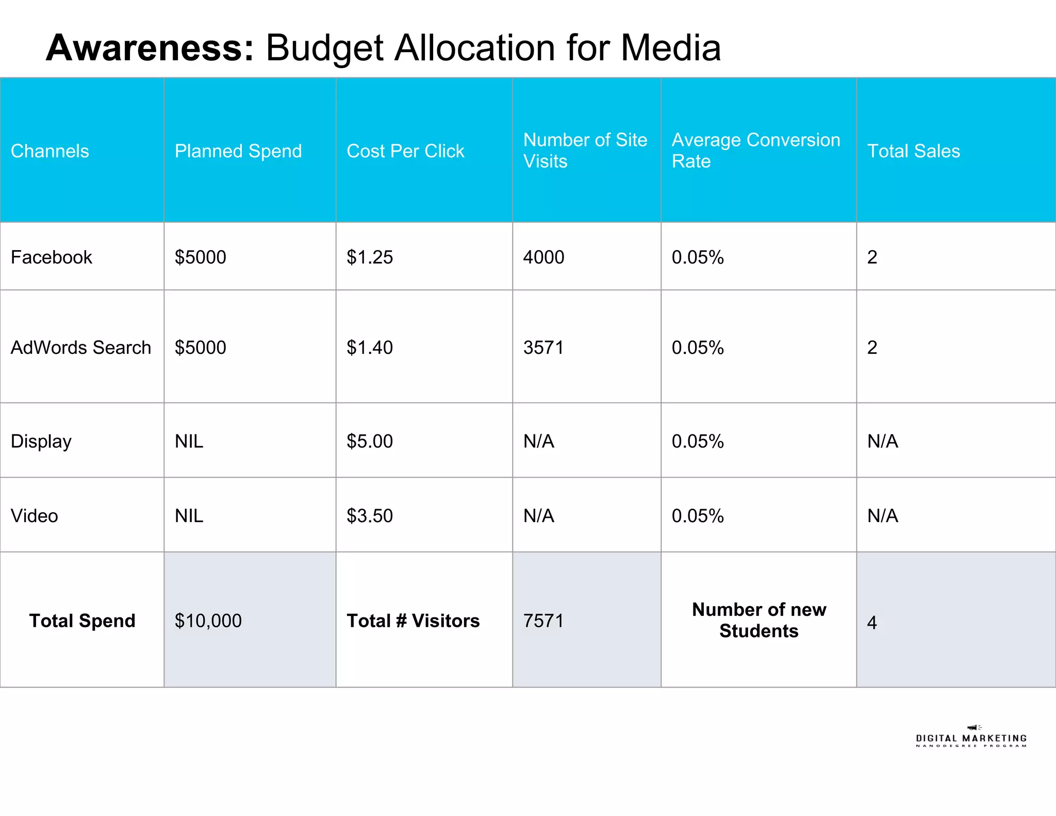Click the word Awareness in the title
tap(150, 48)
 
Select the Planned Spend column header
tap(238, 151)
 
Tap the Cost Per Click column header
tap(405, 151)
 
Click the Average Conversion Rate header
tap(755, 150)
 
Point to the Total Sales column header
tap(913, 151)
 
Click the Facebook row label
tap(51, 257)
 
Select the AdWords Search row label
tap(80, 347)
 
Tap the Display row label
tap(41, 442)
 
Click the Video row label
tap(34, 516)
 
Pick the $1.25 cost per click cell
tap(369, 257)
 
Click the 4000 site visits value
tap(543, 257)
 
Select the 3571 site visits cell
tap(543, 347)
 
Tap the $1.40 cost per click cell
tap(369, 347)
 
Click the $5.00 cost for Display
tap(369, 442)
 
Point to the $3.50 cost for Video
tap(369, 516)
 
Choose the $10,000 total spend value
tap(208, 621)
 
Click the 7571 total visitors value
tap(543, 621)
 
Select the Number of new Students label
tap(758, 620)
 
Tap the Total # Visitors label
tap(412, 621)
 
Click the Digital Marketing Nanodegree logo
tap(971, 738)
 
